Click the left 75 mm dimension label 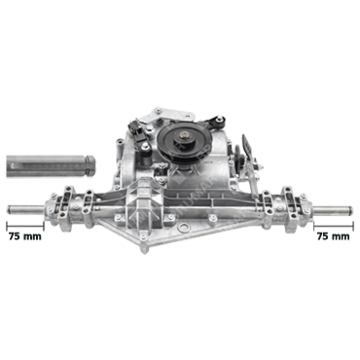tap(25, 236)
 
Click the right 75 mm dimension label tap(334, 236)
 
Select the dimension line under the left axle tap(25, 225)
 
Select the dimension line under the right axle tap(333, 225)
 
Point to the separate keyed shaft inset tap(51, 165)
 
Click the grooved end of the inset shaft tap(90, 165)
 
